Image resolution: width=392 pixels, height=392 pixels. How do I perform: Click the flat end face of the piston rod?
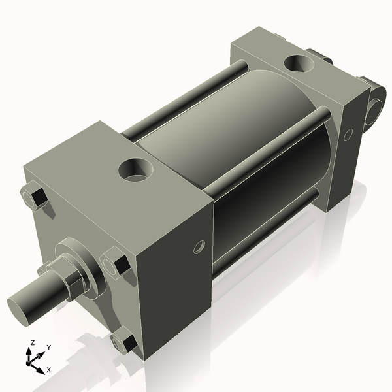[x=22, y=308]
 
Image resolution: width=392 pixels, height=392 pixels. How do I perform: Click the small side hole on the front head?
[x=199, y=246]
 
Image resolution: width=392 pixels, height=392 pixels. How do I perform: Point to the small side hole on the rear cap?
[x=348, y=134]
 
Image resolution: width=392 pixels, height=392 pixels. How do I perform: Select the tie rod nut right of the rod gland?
[x=118, y=265]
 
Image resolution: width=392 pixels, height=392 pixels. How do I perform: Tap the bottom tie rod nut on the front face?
[x=123, y=341]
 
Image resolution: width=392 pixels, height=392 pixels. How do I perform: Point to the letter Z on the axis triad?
[x=31, y=342]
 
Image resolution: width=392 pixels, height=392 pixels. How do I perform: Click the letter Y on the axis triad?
[x=48, y=347]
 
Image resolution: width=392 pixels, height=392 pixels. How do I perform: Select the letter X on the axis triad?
[x=49, y=370]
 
